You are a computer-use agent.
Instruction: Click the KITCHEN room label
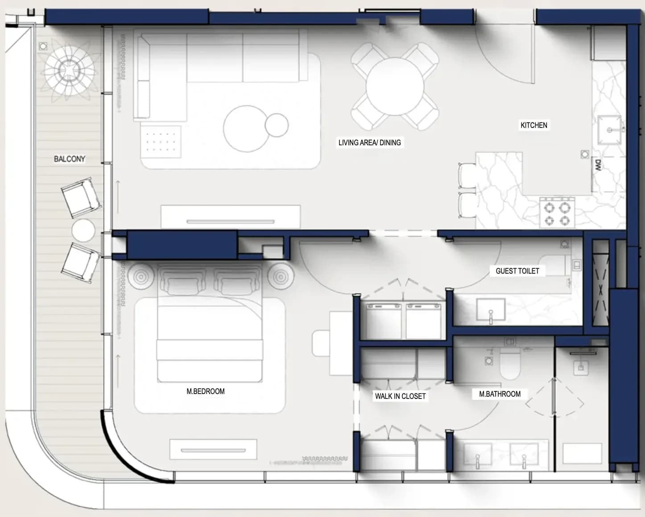click(x=534, y=125)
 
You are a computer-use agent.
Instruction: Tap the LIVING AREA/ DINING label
click(x=369, y=143)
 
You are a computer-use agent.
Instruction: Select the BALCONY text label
click(x=70, y=159)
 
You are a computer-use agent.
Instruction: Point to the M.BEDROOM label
click(x=206, y=391)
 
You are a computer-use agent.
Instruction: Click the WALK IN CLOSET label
click(x=401, y=396)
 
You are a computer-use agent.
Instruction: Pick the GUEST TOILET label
click(x=517, y=271)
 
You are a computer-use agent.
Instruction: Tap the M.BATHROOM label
click(x=500, y=394)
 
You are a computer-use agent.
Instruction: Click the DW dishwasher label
click(x=598, y=165)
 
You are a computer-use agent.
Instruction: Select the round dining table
click(x=395, y=86)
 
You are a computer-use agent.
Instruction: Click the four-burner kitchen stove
click(x=557, y=213)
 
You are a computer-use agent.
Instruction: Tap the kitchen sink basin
click(x=609, y=130)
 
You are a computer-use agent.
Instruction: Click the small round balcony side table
click(x=83, y=230)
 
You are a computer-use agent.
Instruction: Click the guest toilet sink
click(x=491, y=310)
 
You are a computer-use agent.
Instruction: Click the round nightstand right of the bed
click(x=281, y=277)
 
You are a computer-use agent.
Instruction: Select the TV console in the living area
click(x=231, y=217)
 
